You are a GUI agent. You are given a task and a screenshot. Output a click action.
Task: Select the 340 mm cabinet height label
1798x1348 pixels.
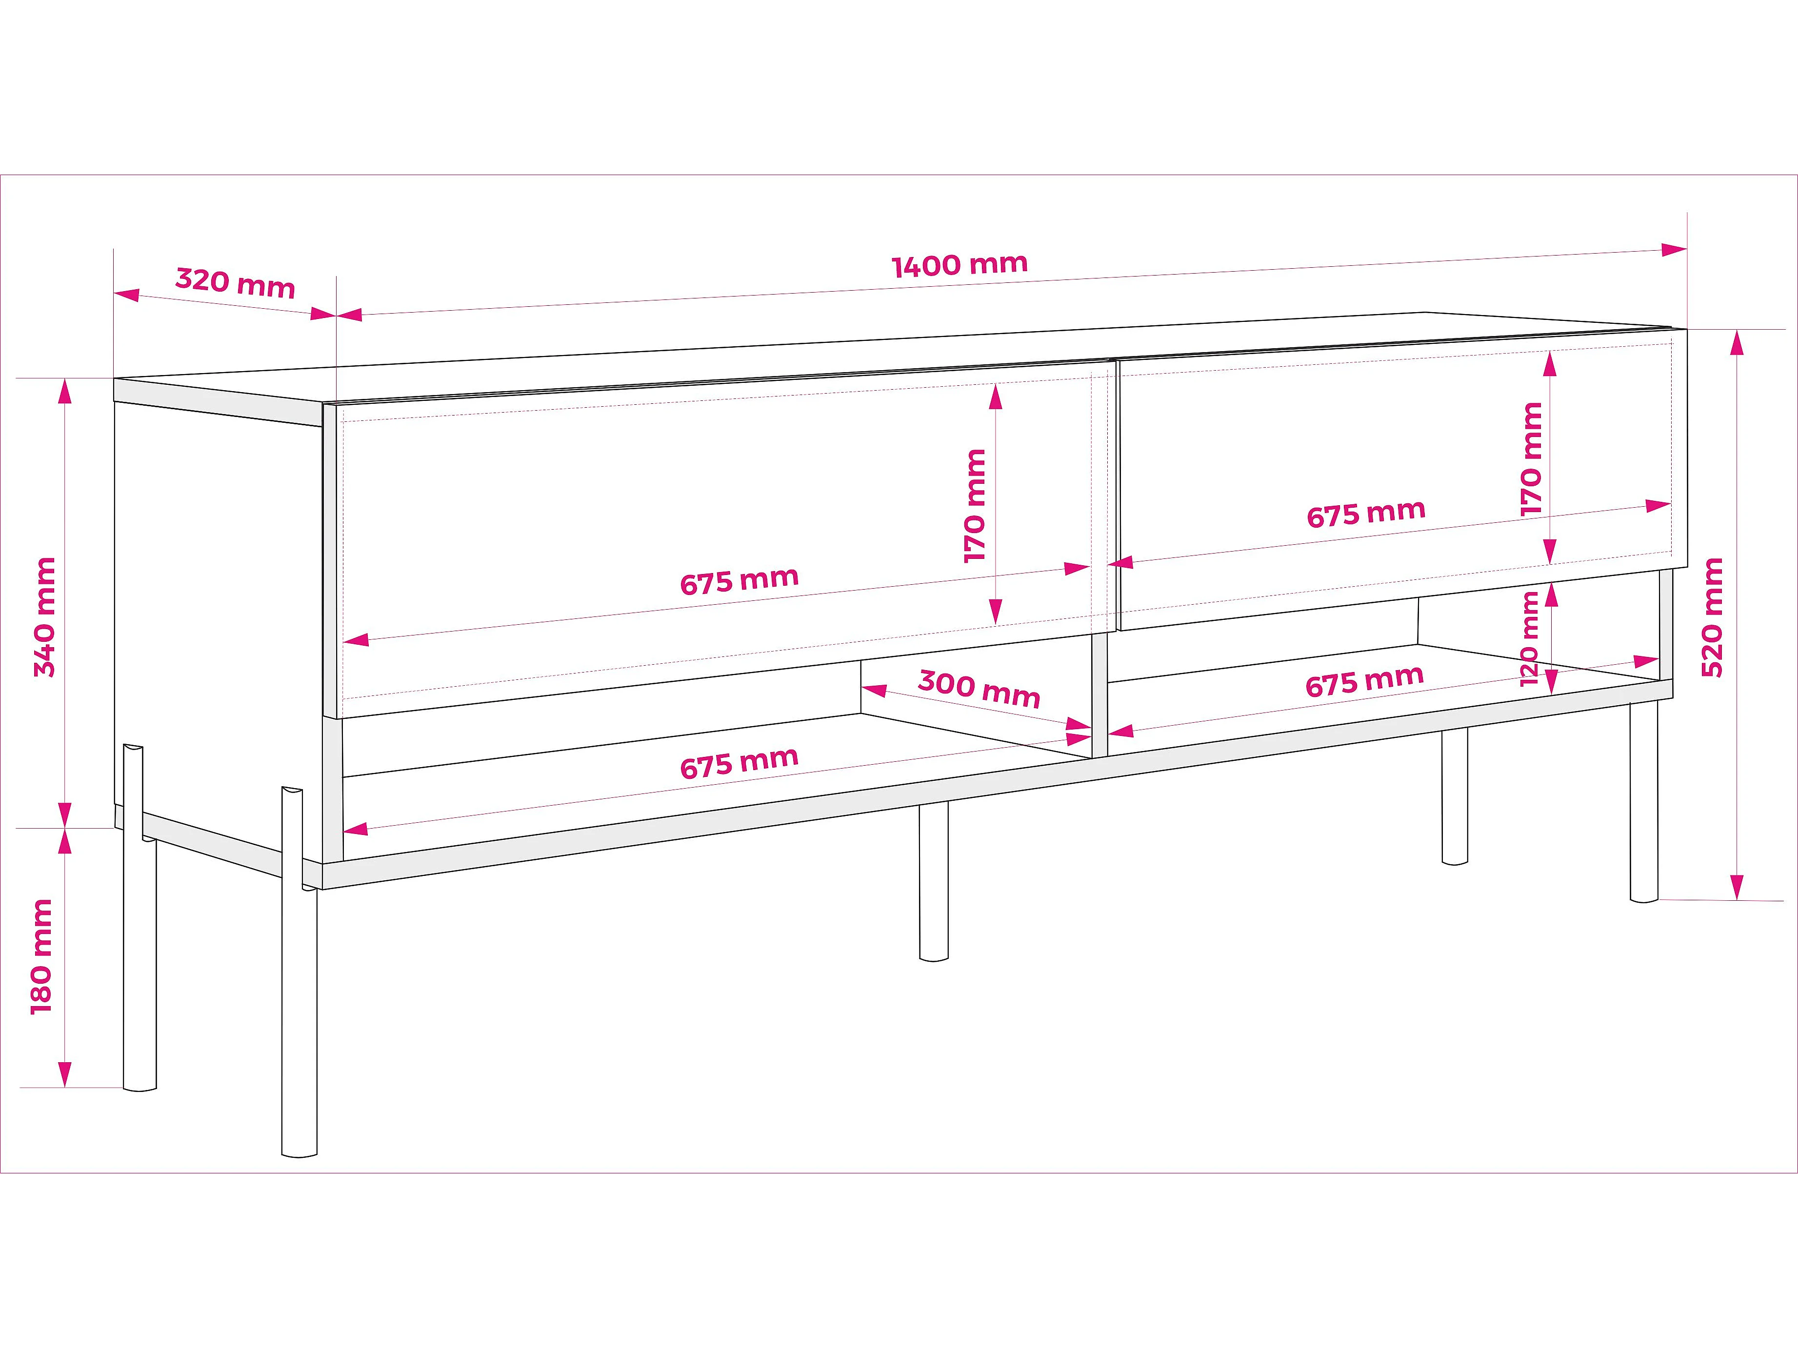tap(45, 617)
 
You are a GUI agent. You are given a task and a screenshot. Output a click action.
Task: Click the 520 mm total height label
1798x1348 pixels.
tap(1712, 617)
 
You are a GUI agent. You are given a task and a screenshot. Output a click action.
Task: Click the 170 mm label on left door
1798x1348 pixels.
tap(975, 505)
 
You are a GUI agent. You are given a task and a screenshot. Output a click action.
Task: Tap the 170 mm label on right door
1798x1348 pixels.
tap(1531, 458)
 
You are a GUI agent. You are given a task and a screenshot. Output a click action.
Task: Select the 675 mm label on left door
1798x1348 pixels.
tap(739, 581)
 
